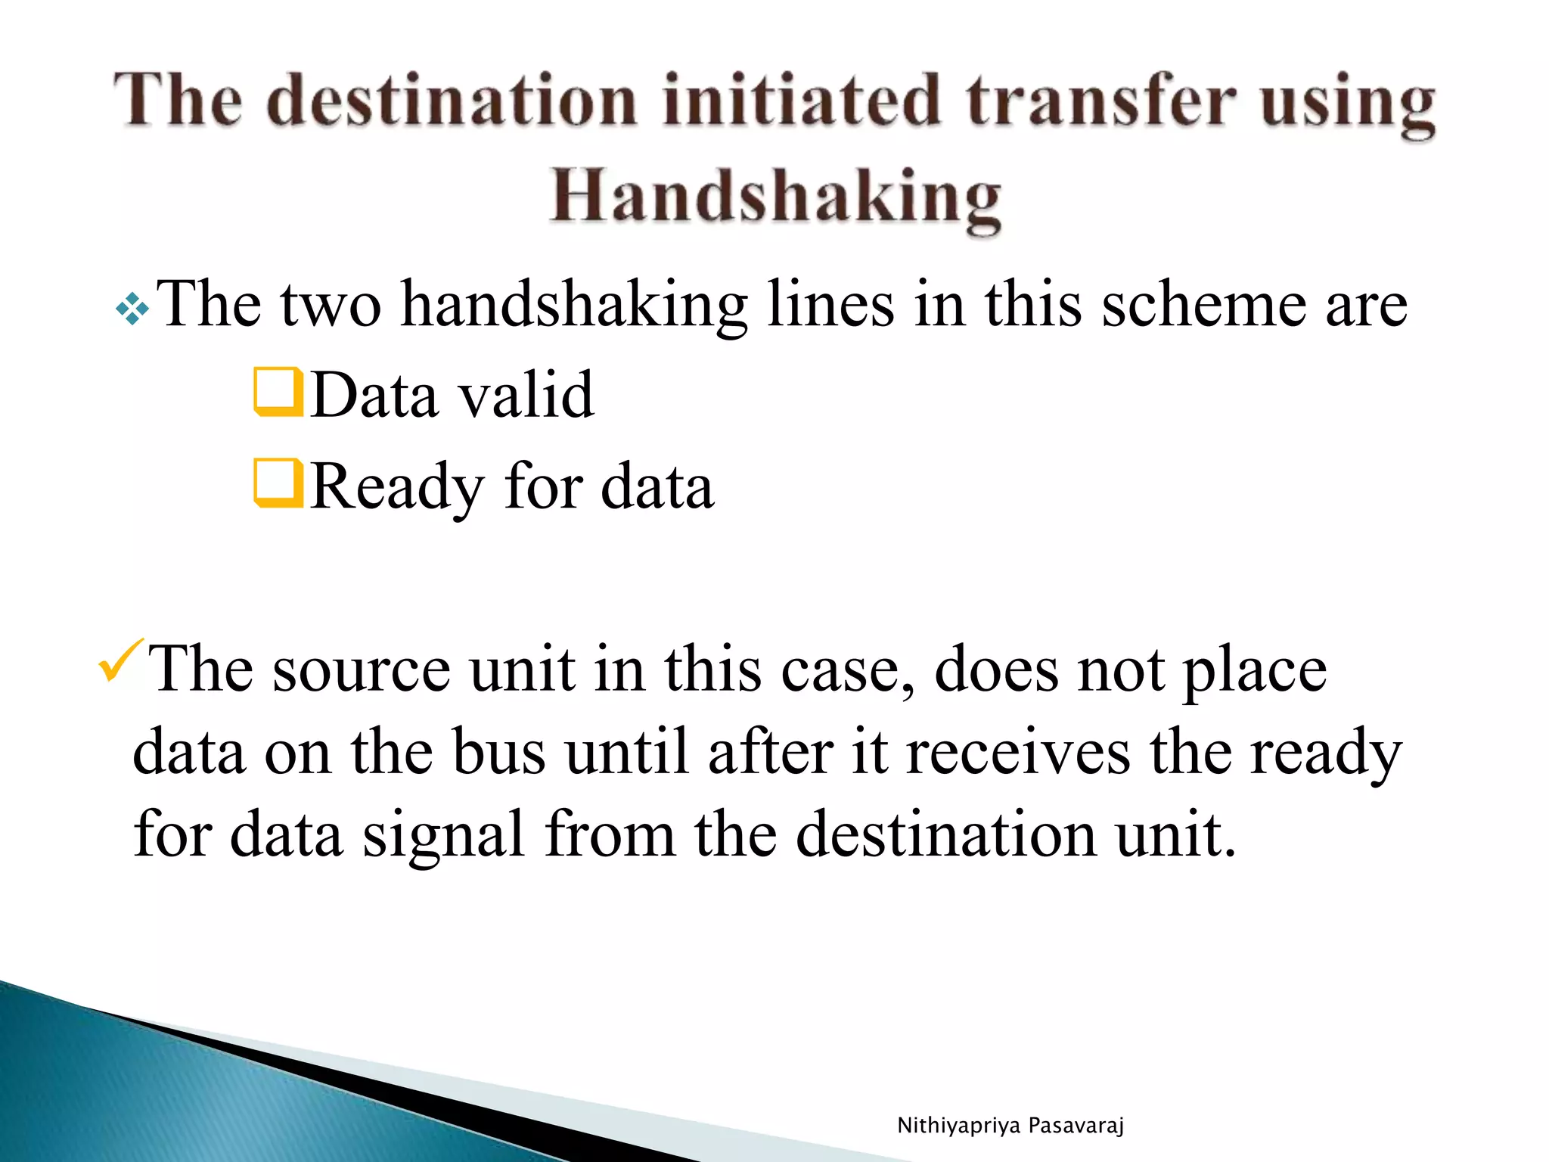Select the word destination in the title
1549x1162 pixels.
[x=452, y=102]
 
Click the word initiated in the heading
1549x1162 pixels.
[x=802, y=102]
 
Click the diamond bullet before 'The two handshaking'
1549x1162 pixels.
[x=132, y=309]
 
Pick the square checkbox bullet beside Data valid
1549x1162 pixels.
[x=278, y=392]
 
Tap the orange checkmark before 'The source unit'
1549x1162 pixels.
[x=120, y=660]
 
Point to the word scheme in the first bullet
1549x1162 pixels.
[x=1203, y=304]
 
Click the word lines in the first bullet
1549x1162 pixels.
[x=830, y=304]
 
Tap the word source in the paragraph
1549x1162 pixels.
[x=361, y=670]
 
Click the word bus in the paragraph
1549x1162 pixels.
[x=499, y=753]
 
